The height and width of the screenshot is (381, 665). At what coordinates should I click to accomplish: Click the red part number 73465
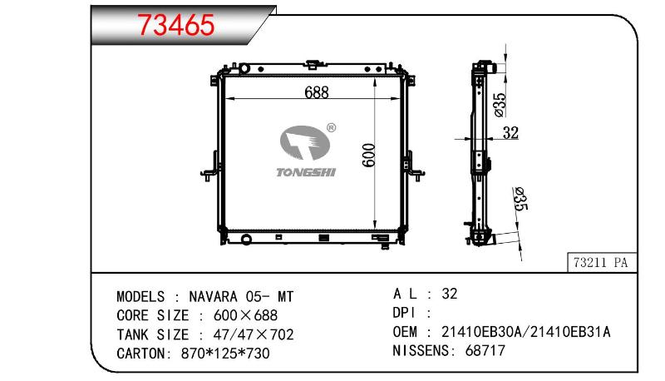[x=176, y=25]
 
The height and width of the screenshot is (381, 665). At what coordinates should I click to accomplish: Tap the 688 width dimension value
[x=317, y=92]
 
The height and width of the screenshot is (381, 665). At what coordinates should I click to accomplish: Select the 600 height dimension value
[x=369, y=156]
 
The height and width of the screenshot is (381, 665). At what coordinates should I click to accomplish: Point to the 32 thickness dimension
[x=510, y=133]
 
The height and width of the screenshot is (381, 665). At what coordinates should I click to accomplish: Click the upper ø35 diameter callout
[x=500, y=104]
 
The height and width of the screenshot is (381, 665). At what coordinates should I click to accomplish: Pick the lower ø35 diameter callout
[x=520, y=199]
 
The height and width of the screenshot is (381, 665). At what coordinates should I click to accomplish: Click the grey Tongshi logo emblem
[x=304, y=142]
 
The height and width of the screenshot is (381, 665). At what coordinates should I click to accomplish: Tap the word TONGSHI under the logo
[x=306, y=172]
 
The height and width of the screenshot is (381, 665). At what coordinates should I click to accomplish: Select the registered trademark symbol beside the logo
[x=331, y=128]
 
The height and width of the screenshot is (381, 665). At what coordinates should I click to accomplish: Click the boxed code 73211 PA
[x=600, y=263]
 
